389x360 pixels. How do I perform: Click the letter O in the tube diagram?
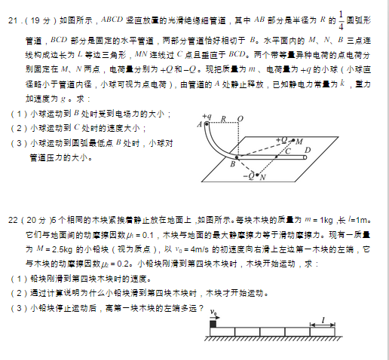click(240, 119)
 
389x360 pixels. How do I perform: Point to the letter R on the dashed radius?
click(224, 119)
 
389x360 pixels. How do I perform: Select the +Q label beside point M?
click(283, 140)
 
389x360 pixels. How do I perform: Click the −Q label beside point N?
click(249, 176)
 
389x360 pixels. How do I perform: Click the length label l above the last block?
click(323, 319)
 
